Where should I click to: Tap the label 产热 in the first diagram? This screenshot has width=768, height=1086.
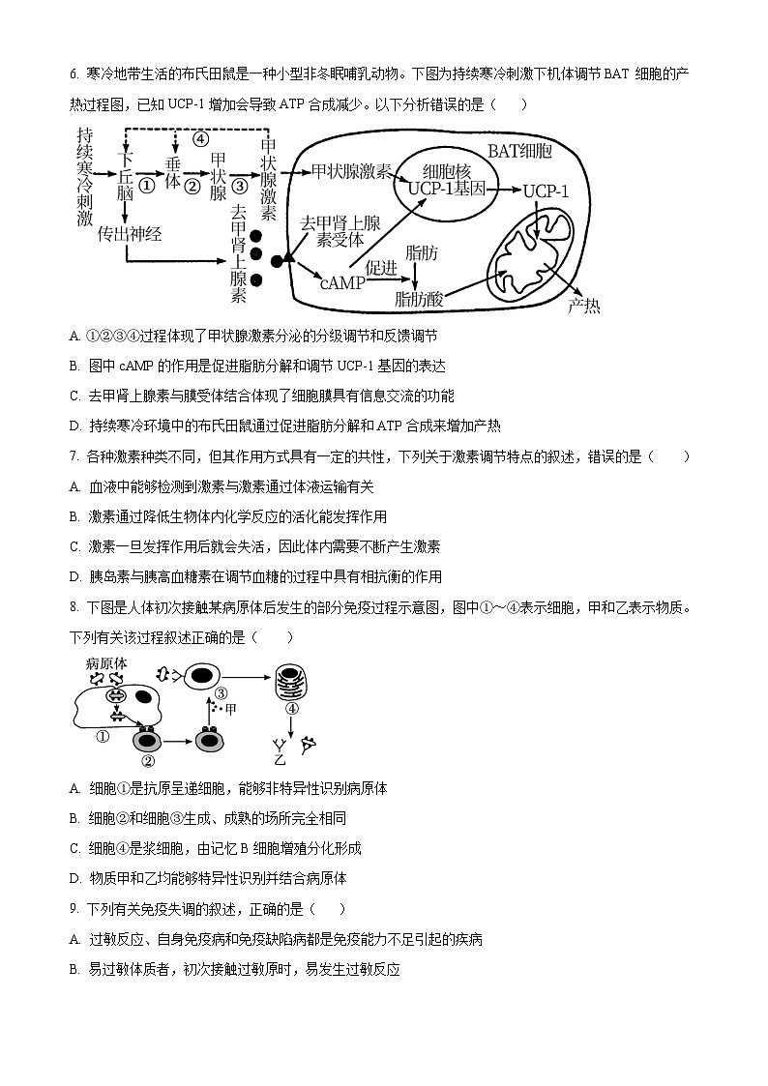click(583, 307)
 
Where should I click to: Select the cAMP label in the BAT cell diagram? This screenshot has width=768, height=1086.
click(341, 282)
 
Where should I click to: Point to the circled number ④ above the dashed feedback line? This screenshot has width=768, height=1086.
click(200, 138)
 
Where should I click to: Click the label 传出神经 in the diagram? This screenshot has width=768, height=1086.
click(130, 232)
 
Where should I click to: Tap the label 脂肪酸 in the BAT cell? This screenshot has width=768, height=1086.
click(419, 299)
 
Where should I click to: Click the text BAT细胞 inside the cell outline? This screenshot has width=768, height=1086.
click(519, 152)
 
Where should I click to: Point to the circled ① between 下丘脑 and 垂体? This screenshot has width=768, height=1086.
click(146, 186)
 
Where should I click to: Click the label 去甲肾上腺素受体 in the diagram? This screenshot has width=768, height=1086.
click(333, 231)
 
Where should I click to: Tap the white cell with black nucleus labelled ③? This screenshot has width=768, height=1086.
click(200, 677)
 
